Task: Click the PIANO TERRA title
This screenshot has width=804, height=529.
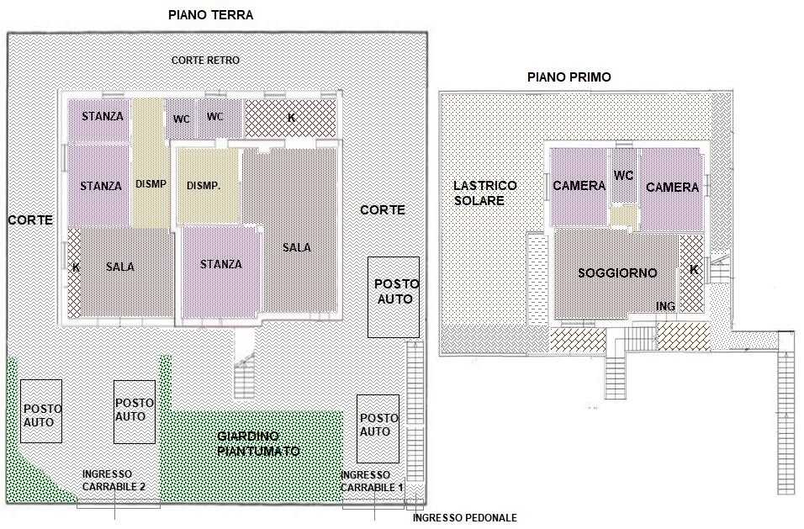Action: tap(211, 15)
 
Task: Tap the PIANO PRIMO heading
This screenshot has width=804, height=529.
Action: tap(569, 77)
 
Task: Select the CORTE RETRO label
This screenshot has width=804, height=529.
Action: tap(205, 61)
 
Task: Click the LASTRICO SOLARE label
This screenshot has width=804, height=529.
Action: tap(485, 193)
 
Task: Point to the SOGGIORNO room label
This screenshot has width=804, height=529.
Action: tap(617, 272)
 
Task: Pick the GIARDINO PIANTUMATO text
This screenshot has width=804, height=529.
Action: tap(258, 444)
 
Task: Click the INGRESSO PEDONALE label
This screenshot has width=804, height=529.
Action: tap(464, 518)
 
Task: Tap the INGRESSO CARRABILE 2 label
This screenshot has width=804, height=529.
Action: tap(114, 481)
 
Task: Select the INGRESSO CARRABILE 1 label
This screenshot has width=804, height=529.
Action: tap(372, 482)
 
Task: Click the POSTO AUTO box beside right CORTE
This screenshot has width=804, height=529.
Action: tap(394, 298)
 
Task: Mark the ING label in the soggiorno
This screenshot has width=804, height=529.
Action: tap(665, 306)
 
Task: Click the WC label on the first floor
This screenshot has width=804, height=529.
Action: tap(623, 176)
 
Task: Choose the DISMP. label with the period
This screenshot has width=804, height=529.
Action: tap(204, 186)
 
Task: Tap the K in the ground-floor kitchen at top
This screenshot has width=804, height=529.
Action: tap(291, 118)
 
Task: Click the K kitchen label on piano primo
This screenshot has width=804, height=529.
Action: tap(694, 270)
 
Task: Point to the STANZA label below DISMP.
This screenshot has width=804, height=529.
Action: tap(221, 264)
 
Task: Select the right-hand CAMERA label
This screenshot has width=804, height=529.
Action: tap(672, 188)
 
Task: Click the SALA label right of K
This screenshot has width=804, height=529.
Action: tap(120, 267)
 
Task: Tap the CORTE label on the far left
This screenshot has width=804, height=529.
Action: tap(30, 220)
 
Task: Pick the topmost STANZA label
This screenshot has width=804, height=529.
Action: tap(103, 116)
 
